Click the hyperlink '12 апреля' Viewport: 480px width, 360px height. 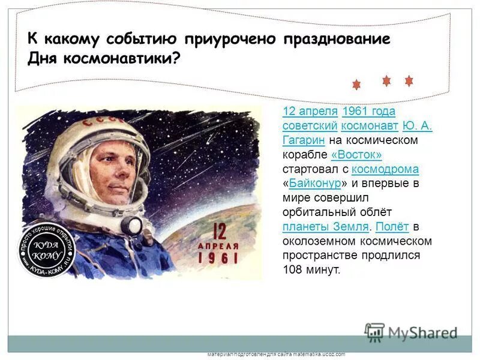click(x=310, y=112)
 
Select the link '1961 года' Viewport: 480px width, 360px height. click(x=368, y=112)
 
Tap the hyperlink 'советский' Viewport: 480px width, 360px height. click(x=309, y=126)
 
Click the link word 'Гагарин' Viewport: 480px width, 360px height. click(x=304, y=140)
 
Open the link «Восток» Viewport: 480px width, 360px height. click(x=356, y=155)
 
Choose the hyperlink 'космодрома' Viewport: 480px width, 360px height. click(x=385, y=169)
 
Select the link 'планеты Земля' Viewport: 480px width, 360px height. click(x=325, y=227)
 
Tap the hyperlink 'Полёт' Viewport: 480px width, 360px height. click(x=392, y=227)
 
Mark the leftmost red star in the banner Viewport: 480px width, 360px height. click(x=356, y=85)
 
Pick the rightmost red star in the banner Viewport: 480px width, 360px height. click(x=409, y=80)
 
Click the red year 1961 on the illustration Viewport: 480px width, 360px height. click(x=217, y=259)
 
